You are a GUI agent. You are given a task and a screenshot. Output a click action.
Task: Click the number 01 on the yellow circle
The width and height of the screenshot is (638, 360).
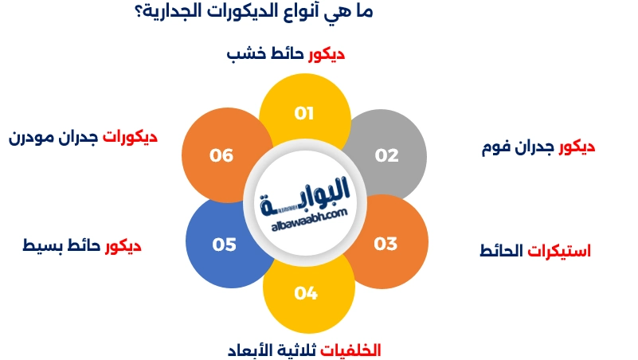304,114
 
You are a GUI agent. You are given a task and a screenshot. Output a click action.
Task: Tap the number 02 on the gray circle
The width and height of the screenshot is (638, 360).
386,155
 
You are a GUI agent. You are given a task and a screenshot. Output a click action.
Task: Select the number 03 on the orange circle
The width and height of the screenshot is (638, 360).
386,244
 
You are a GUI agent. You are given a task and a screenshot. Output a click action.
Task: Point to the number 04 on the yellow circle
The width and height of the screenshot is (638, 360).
306,294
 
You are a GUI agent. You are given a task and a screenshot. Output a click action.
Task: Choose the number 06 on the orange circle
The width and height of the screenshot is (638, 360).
221,155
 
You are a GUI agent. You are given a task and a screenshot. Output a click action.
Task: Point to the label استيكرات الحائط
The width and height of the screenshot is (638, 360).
535,252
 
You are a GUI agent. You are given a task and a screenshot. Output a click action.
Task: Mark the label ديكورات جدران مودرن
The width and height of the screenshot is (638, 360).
83,137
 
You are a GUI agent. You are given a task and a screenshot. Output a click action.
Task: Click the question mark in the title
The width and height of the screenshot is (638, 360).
130,14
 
